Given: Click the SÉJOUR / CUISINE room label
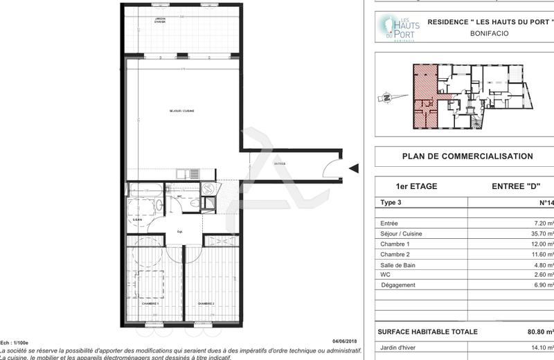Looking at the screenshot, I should click(x=182, y=111).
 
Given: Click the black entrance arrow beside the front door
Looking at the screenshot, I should click(x=353, y=168).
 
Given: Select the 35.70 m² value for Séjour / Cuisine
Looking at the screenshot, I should click(x=541, y=234).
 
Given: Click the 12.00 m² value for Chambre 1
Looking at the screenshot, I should click(x=541, y=244).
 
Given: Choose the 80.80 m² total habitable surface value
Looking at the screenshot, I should click(x=539, y=332).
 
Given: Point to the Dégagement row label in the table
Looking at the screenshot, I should click(x=398, y=285).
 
